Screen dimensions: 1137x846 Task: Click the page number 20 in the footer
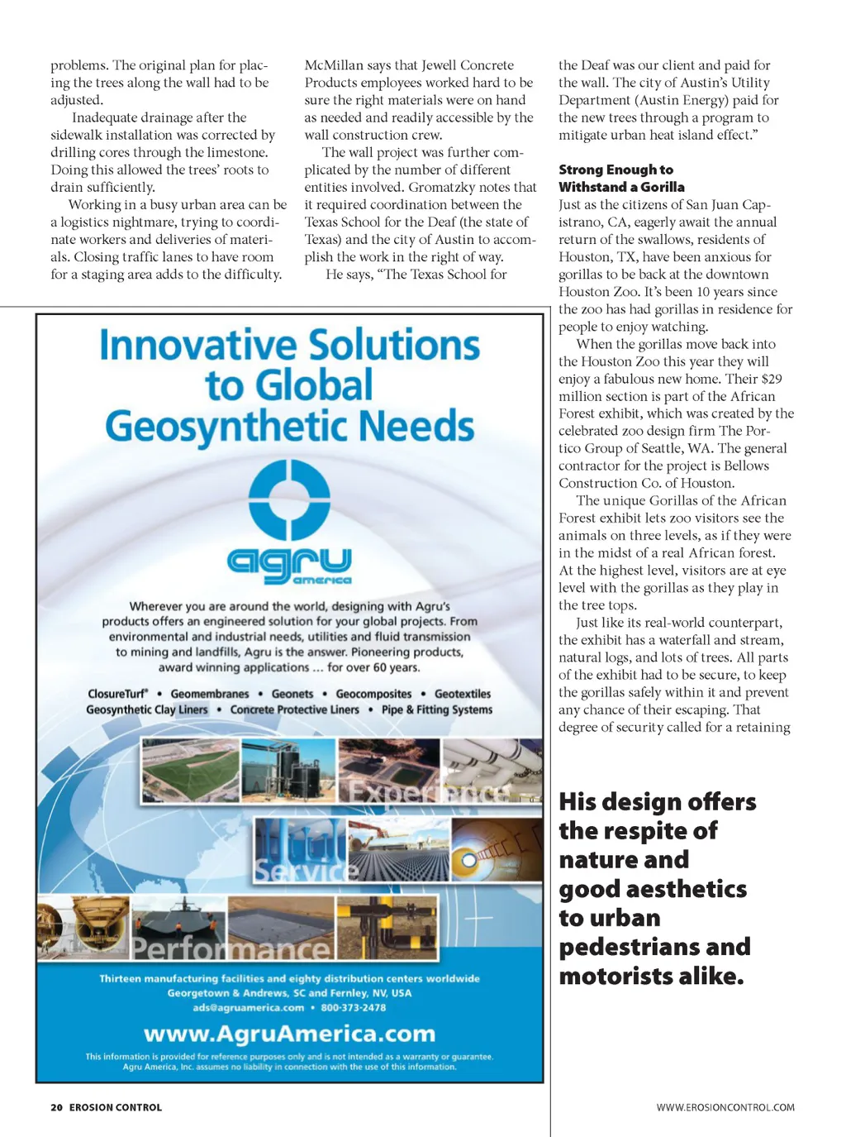pos(56,1107)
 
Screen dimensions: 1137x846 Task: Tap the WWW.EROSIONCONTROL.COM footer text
pos(725,1107)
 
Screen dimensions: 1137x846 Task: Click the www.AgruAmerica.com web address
pos(289,1034)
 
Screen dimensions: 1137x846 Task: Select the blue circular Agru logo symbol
pos(289,500)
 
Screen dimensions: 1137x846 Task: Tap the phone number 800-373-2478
pos(354,1007)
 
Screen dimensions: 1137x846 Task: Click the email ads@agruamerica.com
pos(249,1007)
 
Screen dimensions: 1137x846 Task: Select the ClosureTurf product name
pos(118,694)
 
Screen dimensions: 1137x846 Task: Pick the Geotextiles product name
pos(463,694)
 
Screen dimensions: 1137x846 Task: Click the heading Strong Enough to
pos(615,170)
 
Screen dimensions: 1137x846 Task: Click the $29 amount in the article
pos(771,379)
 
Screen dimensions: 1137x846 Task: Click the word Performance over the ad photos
pos(231,948)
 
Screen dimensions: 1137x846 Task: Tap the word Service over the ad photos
pos(306,871)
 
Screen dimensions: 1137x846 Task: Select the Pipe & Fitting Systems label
pos(437,709)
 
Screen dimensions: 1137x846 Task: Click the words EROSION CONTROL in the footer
pos(116,1107)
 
